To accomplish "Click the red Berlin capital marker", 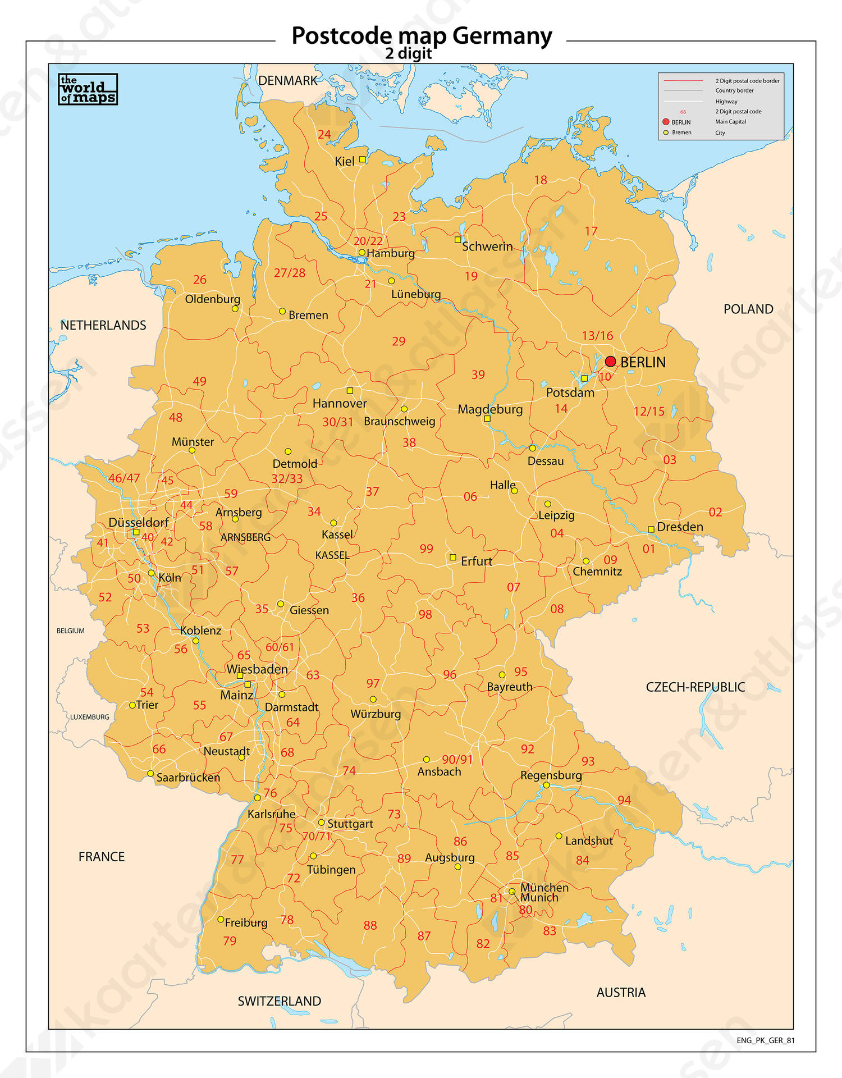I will click(610, 362).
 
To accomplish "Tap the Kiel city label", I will click(344, 162).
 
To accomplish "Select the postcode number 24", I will click(324, 135).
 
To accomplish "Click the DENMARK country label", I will click(288, 81).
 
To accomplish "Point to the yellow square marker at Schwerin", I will click(458, 240).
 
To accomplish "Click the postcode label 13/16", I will click(597, 336).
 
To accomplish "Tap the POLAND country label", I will click(748, 309).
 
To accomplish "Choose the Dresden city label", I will click(680, 527).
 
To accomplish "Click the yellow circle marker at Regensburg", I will click(546, 785).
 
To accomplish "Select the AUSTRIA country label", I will click(621, 993).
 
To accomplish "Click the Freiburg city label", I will click(246, 922).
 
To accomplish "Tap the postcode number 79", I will click(230, 941).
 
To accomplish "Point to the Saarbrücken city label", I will click(188, 778).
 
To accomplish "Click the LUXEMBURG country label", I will click(90, 717).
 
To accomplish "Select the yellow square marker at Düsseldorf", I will click(136, 532).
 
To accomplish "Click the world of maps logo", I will click(88, 89).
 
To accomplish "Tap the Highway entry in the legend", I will click(726, 102).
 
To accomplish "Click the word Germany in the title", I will click(502, 36).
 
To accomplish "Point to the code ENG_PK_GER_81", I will click(766, 1040).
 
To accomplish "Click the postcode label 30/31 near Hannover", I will click(338, 422).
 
